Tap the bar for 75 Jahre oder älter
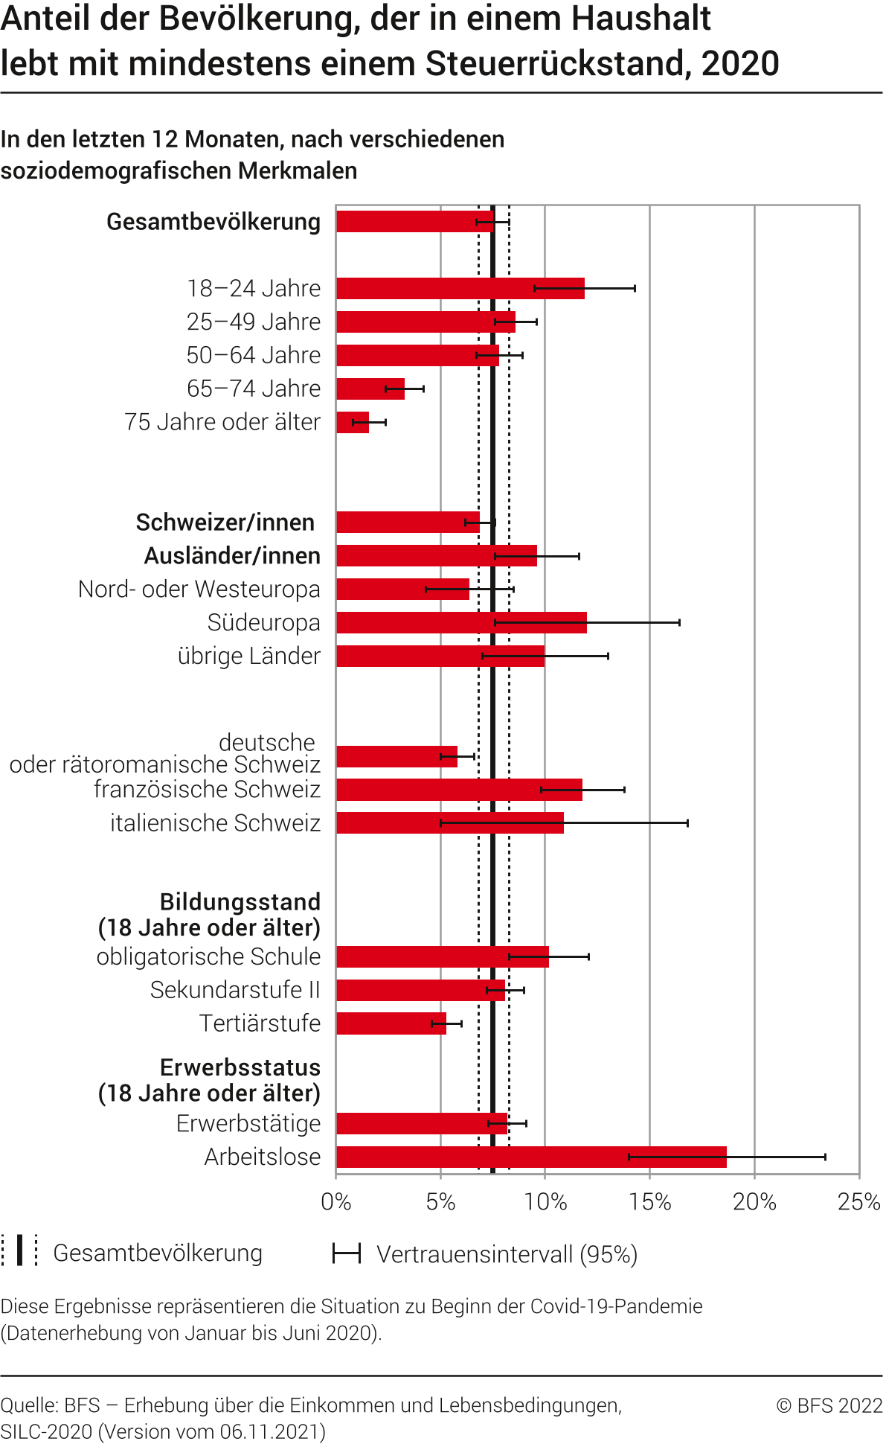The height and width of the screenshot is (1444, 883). (x=353, y=422)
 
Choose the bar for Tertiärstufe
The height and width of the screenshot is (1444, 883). (x=391, y=1023)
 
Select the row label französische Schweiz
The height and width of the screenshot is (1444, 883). (x=207, y=789)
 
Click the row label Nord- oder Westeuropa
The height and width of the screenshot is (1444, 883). (x=199, y=589)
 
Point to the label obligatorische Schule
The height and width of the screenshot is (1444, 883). (x=208, y=956)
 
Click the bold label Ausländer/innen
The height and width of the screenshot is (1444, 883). (x=232, y=556)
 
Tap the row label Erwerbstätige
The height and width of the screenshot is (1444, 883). (x=248, y=1123)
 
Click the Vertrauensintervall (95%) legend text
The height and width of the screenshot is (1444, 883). (x=507, y=1254)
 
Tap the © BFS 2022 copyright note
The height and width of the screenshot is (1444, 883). (x=829, y=1405)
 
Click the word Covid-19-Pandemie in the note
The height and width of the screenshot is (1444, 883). (x=616, y=1306)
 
